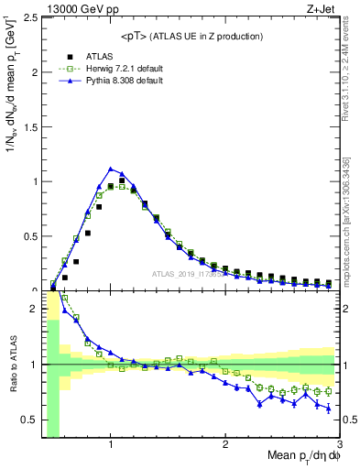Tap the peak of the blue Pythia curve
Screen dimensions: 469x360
[111, 169]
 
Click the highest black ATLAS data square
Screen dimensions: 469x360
[122, 181]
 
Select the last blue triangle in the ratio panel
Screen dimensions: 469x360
[329, 409]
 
